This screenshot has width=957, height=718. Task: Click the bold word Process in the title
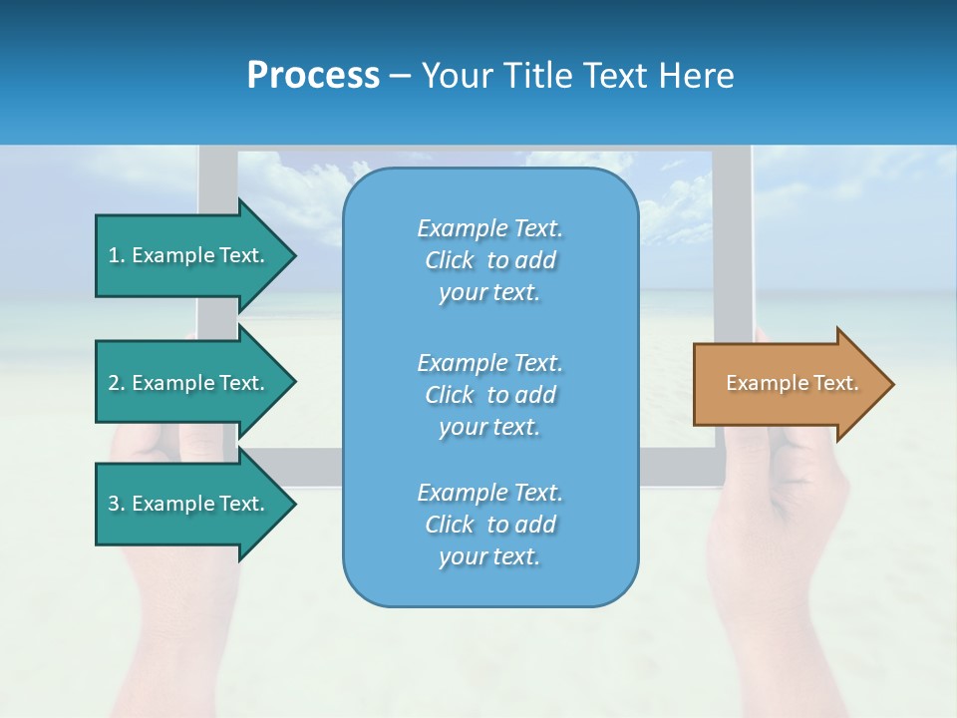click(313, 76)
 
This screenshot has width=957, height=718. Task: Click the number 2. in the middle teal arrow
click(117, 383)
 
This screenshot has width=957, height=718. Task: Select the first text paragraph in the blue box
click(489, 260)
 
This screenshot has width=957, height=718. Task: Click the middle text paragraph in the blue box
click(489, 394)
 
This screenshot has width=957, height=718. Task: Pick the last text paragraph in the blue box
click(489, 525)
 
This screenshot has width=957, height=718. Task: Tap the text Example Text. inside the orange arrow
click(793, 383)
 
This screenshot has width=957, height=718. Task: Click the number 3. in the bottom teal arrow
click(117, 504)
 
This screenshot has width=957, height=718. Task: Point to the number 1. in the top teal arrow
click(117, 255)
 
